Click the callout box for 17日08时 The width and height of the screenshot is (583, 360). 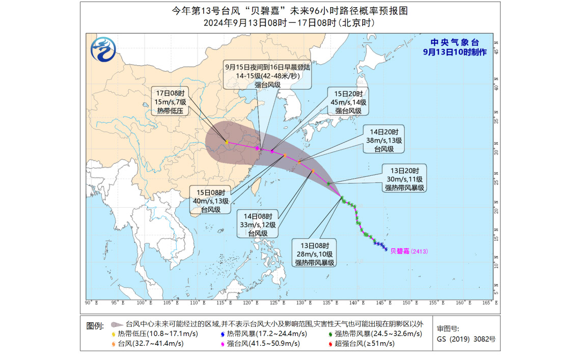[x=170, y=101]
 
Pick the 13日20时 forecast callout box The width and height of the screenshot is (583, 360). [x=405, y=179]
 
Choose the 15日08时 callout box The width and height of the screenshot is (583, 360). [x=210, y=200]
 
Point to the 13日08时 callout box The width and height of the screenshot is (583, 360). [x=314, y=253]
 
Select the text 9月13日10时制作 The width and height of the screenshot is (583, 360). [x=454, y=52]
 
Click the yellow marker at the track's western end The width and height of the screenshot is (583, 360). [x=227, y=143]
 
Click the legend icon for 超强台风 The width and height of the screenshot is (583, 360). [x=331, y=344]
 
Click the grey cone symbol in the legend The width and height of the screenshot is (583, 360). [x=117, y=324]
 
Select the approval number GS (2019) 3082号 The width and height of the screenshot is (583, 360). [x=466, y=339]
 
